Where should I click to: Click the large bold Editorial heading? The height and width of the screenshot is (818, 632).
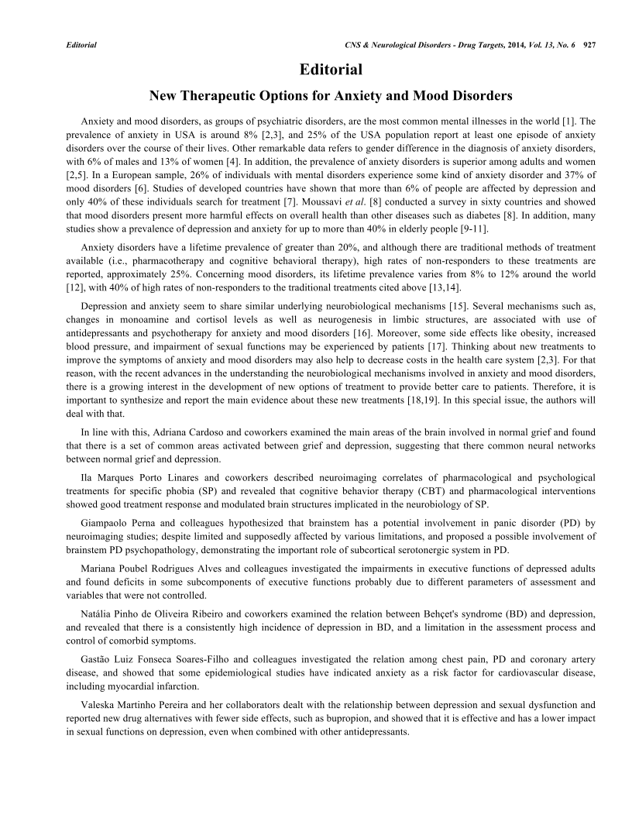click(x=331, y=70)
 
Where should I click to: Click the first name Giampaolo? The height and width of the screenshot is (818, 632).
click(x=108, y=524)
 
